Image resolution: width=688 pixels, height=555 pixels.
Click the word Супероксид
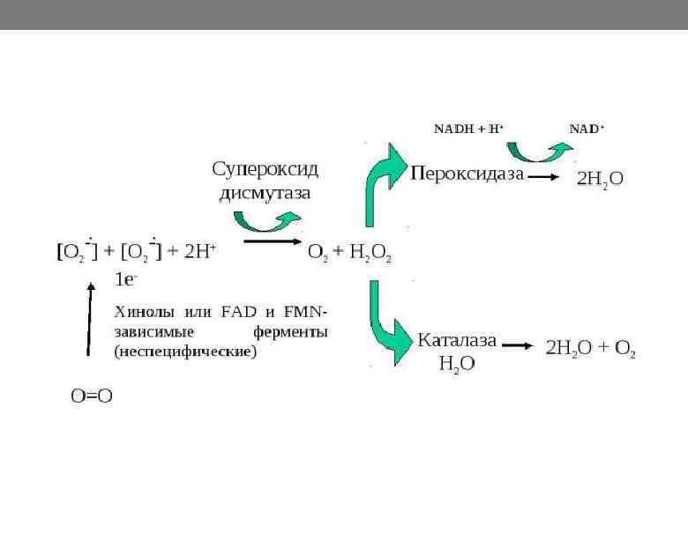265,167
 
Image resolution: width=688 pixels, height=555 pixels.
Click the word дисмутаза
265,192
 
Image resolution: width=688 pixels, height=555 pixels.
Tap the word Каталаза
456,340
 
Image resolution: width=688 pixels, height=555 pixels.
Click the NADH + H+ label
468,129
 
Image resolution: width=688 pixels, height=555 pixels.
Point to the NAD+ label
587,129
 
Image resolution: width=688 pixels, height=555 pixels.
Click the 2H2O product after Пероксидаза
600,178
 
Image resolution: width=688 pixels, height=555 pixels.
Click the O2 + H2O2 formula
349,253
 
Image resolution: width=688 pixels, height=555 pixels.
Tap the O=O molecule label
92,396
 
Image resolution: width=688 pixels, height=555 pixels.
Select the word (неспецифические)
185,351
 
